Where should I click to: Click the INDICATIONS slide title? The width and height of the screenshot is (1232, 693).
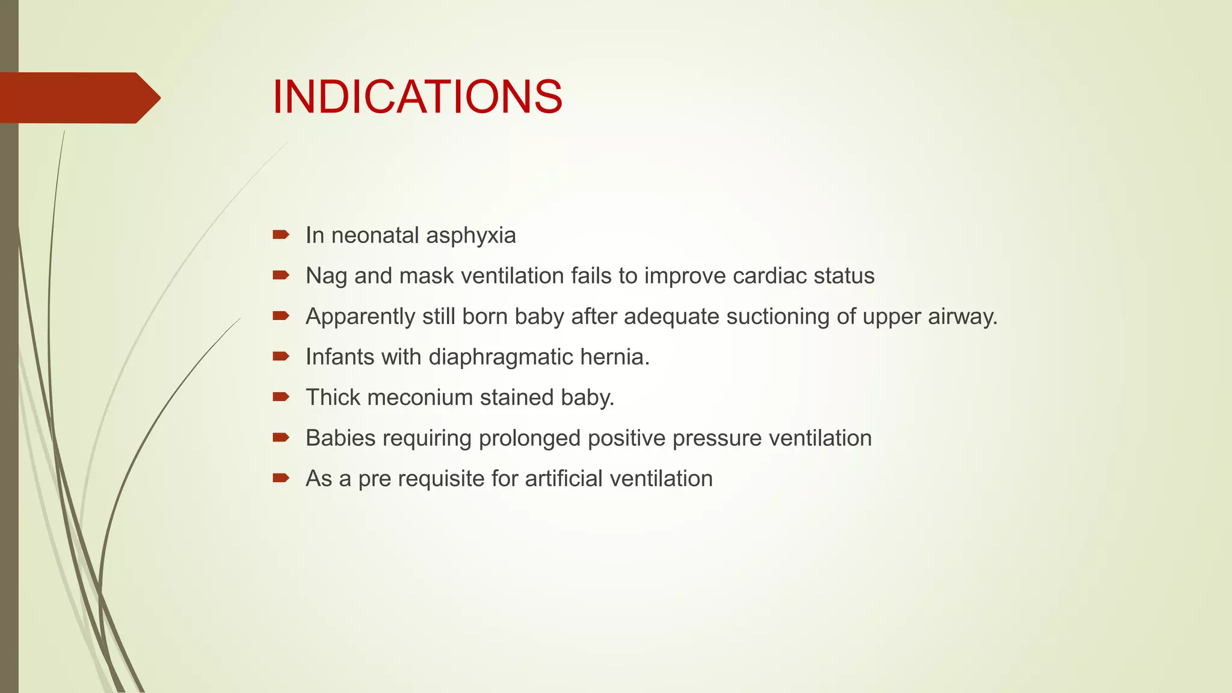417,97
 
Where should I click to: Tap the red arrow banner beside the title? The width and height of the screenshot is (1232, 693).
78,98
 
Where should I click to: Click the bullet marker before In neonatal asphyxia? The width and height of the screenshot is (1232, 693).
281,235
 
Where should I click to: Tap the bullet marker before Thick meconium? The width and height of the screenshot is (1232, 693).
281,397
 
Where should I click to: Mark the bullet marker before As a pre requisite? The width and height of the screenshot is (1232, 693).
281,478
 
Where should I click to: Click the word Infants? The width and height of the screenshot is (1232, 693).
340,357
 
